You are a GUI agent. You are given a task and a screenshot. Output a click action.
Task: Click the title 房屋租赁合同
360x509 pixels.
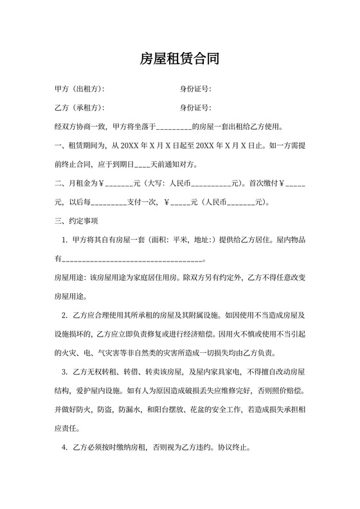click(180, 60)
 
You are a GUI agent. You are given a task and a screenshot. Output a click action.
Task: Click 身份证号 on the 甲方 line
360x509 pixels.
click(195, 89)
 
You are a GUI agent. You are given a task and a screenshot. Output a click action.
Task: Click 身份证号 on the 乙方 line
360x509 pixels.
click(195, 107)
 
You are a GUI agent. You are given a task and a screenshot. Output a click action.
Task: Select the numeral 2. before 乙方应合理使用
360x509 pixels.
click(65, 316)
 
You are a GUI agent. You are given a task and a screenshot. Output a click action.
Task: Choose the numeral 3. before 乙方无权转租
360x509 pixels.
click(65, 373)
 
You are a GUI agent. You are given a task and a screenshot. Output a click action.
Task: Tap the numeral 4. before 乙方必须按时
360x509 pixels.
click(65, 448)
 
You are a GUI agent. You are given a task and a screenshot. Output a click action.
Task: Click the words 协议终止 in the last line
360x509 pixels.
click(242, 448)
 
